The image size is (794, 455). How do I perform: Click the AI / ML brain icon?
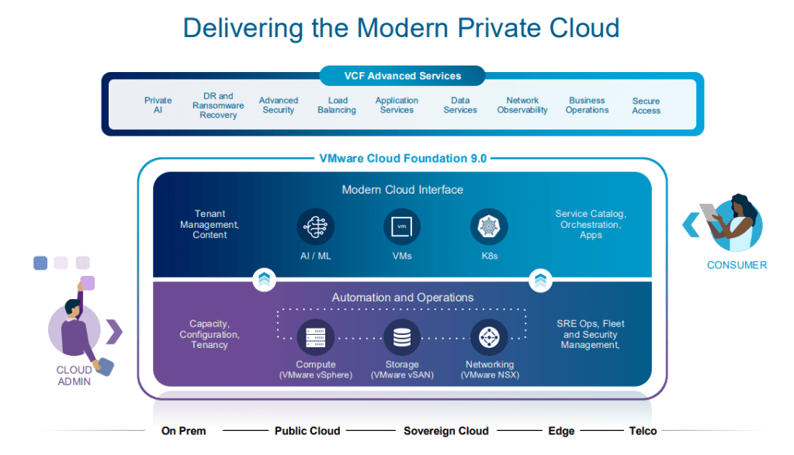[x=315, y=227]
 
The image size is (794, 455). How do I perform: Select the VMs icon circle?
[x=402, y=227]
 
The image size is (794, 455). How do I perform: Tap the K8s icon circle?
[x=489, y=227]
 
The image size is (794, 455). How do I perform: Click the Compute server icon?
[x=315, y=337]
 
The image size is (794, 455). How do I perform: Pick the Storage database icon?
[x=402, y=337]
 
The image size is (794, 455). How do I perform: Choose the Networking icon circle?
[x=489, y=337]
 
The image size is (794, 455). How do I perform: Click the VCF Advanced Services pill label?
[x=402, y=76]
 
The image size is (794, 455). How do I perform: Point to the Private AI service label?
[x=158, y=105]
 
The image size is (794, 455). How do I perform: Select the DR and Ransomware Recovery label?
[x=218, y=105]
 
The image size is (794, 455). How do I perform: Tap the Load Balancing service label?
[x=337, y=105]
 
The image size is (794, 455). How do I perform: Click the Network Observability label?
[x=522, y=105]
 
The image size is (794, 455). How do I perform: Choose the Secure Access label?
[x=646, y=105]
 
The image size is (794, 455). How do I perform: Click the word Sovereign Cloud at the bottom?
[x=446, y=431]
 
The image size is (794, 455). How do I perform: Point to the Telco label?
[x=643, y=431]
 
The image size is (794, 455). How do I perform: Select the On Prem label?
[x=183, y=431]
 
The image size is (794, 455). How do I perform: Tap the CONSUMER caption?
[x=737, y=265]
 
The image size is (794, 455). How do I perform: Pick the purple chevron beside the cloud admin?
[x=115, y=331]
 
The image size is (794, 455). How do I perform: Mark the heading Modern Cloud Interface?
[x=402, y=190]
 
